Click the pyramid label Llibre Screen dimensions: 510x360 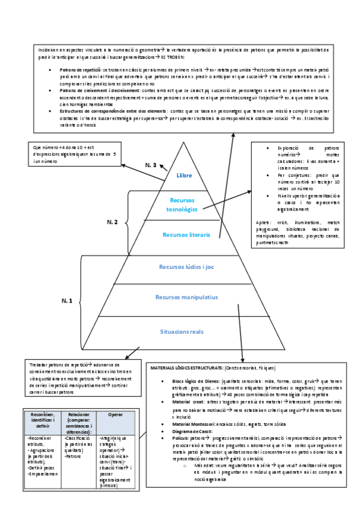[x=185, y=176]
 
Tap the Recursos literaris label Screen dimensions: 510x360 [x=186, y=235]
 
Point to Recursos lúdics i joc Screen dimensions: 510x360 [x=186, y=266]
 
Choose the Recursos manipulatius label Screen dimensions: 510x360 [x=186, y=298]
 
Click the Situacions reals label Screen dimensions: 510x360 [x=186, y=331]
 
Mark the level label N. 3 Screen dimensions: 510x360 [x=151, y=165]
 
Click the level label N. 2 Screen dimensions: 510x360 [x=112, y=223]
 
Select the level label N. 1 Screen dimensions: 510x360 [x=67, y=300]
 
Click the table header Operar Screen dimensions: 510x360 [x=115, y=415]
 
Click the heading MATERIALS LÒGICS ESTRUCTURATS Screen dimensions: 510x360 [x=186, y=367]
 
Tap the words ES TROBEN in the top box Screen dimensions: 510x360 [x=172, y=58]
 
